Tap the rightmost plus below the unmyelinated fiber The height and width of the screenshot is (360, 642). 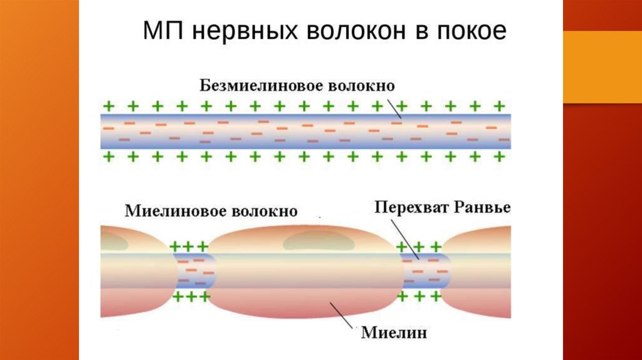[500, 156]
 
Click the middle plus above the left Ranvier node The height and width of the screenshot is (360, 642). [189, 246]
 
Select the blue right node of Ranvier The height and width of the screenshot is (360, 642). [426, 271]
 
